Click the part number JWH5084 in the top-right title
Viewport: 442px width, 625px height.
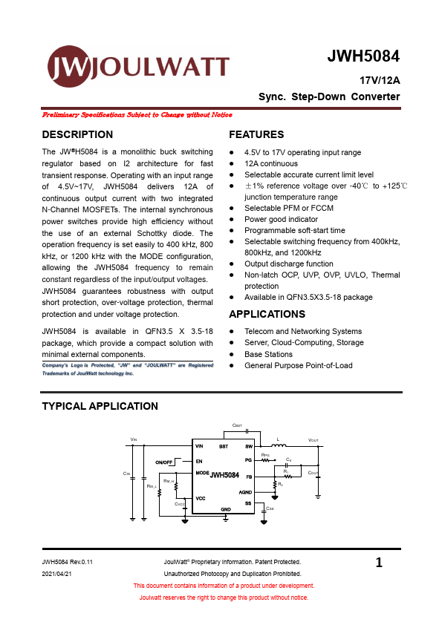(x=363, y=57)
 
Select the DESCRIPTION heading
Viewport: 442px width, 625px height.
(x=77, y=135)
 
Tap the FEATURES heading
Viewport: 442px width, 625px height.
(x=256, y=135)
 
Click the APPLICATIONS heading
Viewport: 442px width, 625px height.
(x=267, y=315)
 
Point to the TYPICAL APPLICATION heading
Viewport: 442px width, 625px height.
(x=100, y=406)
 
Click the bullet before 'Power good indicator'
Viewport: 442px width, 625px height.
(x=232, y=220)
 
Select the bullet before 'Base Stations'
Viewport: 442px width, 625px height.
(x=232, y=354)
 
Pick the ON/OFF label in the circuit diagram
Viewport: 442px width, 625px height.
(x=164, y=462)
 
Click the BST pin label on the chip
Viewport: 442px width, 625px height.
(x=224, y=446)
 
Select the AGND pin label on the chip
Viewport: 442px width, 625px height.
(x=245, y=492)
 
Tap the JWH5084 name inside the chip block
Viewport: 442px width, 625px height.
(x=224, y=475)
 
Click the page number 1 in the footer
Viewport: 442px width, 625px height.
(x=379, y=563)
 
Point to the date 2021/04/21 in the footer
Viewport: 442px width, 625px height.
(x=57, y=574)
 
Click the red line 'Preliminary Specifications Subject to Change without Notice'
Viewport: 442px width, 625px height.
(x=137, y=115)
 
